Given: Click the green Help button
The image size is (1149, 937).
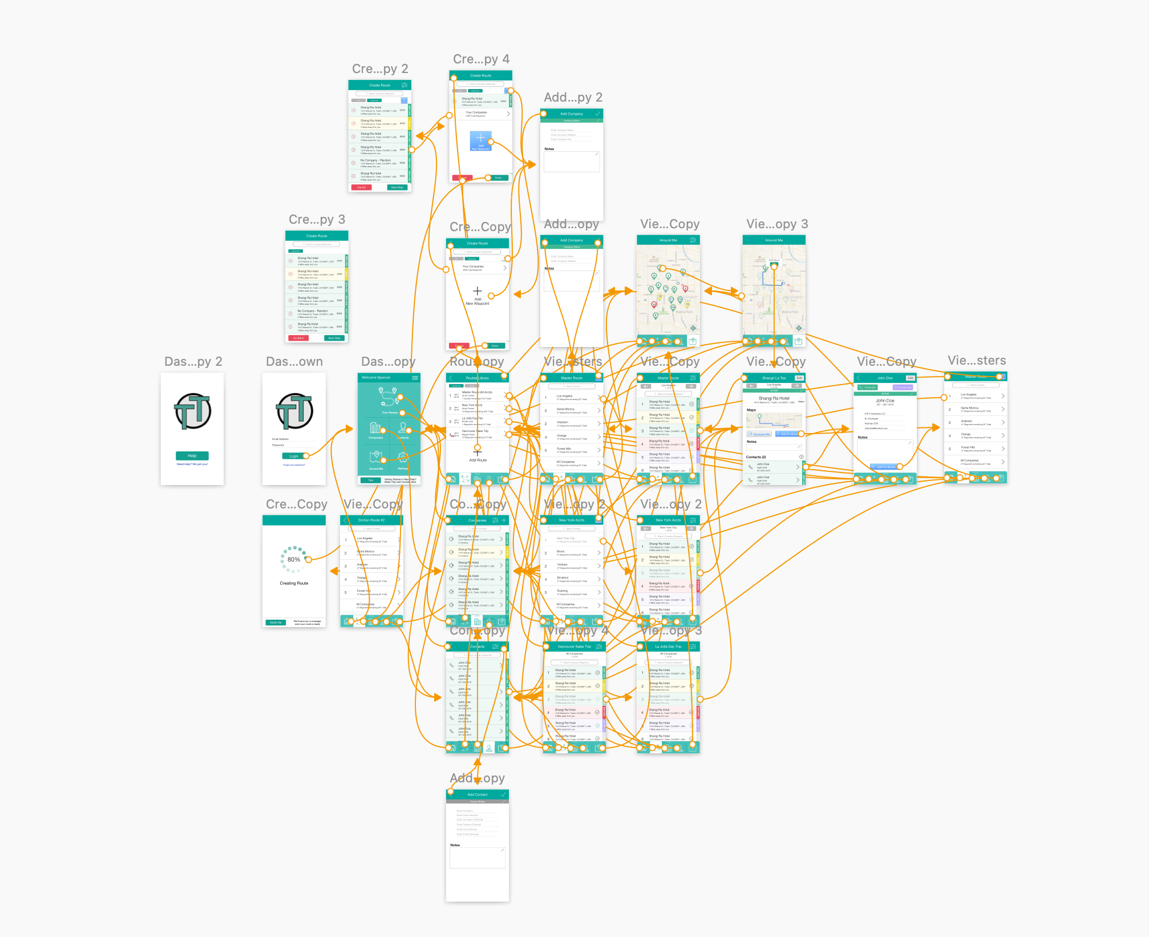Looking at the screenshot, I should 192,455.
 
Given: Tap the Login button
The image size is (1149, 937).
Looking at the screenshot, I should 294,456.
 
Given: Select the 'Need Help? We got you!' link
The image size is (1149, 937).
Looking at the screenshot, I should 192,464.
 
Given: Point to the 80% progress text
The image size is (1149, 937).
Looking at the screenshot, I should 294,559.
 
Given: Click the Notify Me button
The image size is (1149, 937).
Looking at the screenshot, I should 276,623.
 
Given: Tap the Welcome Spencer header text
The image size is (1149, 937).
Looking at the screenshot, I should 376,378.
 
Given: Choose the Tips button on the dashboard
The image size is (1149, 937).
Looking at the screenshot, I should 370,480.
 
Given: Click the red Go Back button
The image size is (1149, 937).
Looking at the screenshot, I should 298,338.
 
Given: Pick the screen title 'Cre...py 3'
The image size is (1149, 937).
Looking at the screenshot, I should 317,220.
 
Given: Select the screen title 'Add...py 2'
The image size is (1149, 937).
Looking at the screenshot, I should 573,98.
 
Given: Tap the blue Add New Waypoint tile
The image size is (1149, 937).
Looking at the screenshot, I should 480,140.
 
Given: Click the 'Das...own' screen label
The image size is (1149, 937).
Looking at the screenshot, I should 294,362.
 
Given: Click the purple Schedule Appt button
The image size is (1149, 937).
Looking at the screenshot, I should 903,387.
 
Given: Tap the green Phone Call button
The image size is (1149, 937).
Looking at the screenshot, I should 868,387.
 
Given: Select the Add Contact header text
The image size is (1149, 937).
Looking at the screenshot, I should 477,794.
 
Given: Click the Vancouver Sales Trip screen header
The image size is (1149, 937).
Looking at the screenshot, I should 574,647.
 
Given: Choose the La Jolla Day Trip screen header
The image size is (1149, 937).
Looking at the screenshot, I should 668,647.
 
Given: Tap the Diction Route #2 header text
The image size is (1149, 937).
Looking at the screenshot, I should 371,520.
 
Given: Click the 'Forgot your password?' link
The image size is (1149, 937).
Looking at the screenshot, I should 294,465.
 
